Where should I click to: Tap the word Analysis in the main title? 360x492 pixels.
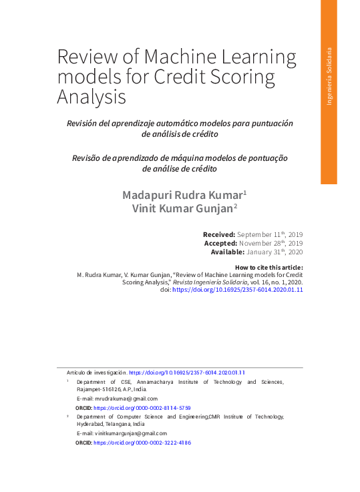tap(92, 97)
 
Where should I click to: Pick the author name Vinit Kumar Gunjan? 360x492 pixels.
tap(184, 209)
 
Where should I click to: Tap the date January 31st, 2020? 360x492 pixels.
tap(275, 252)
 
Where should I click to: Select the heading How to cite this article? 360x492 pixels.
tap(269, 267)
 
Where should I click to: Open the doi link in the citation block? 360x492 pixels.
tap(238, 290)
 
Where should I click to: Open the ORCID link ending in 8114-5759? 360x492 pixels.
tap(142, 407)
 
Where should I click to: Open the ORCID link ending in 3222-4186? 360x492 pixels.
tap(142, 443)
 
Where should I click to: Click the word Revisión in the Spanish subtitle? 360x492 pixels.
tap(85, 124)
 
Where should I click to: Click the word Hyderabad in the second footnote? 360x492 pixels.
tap(92, 424)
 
